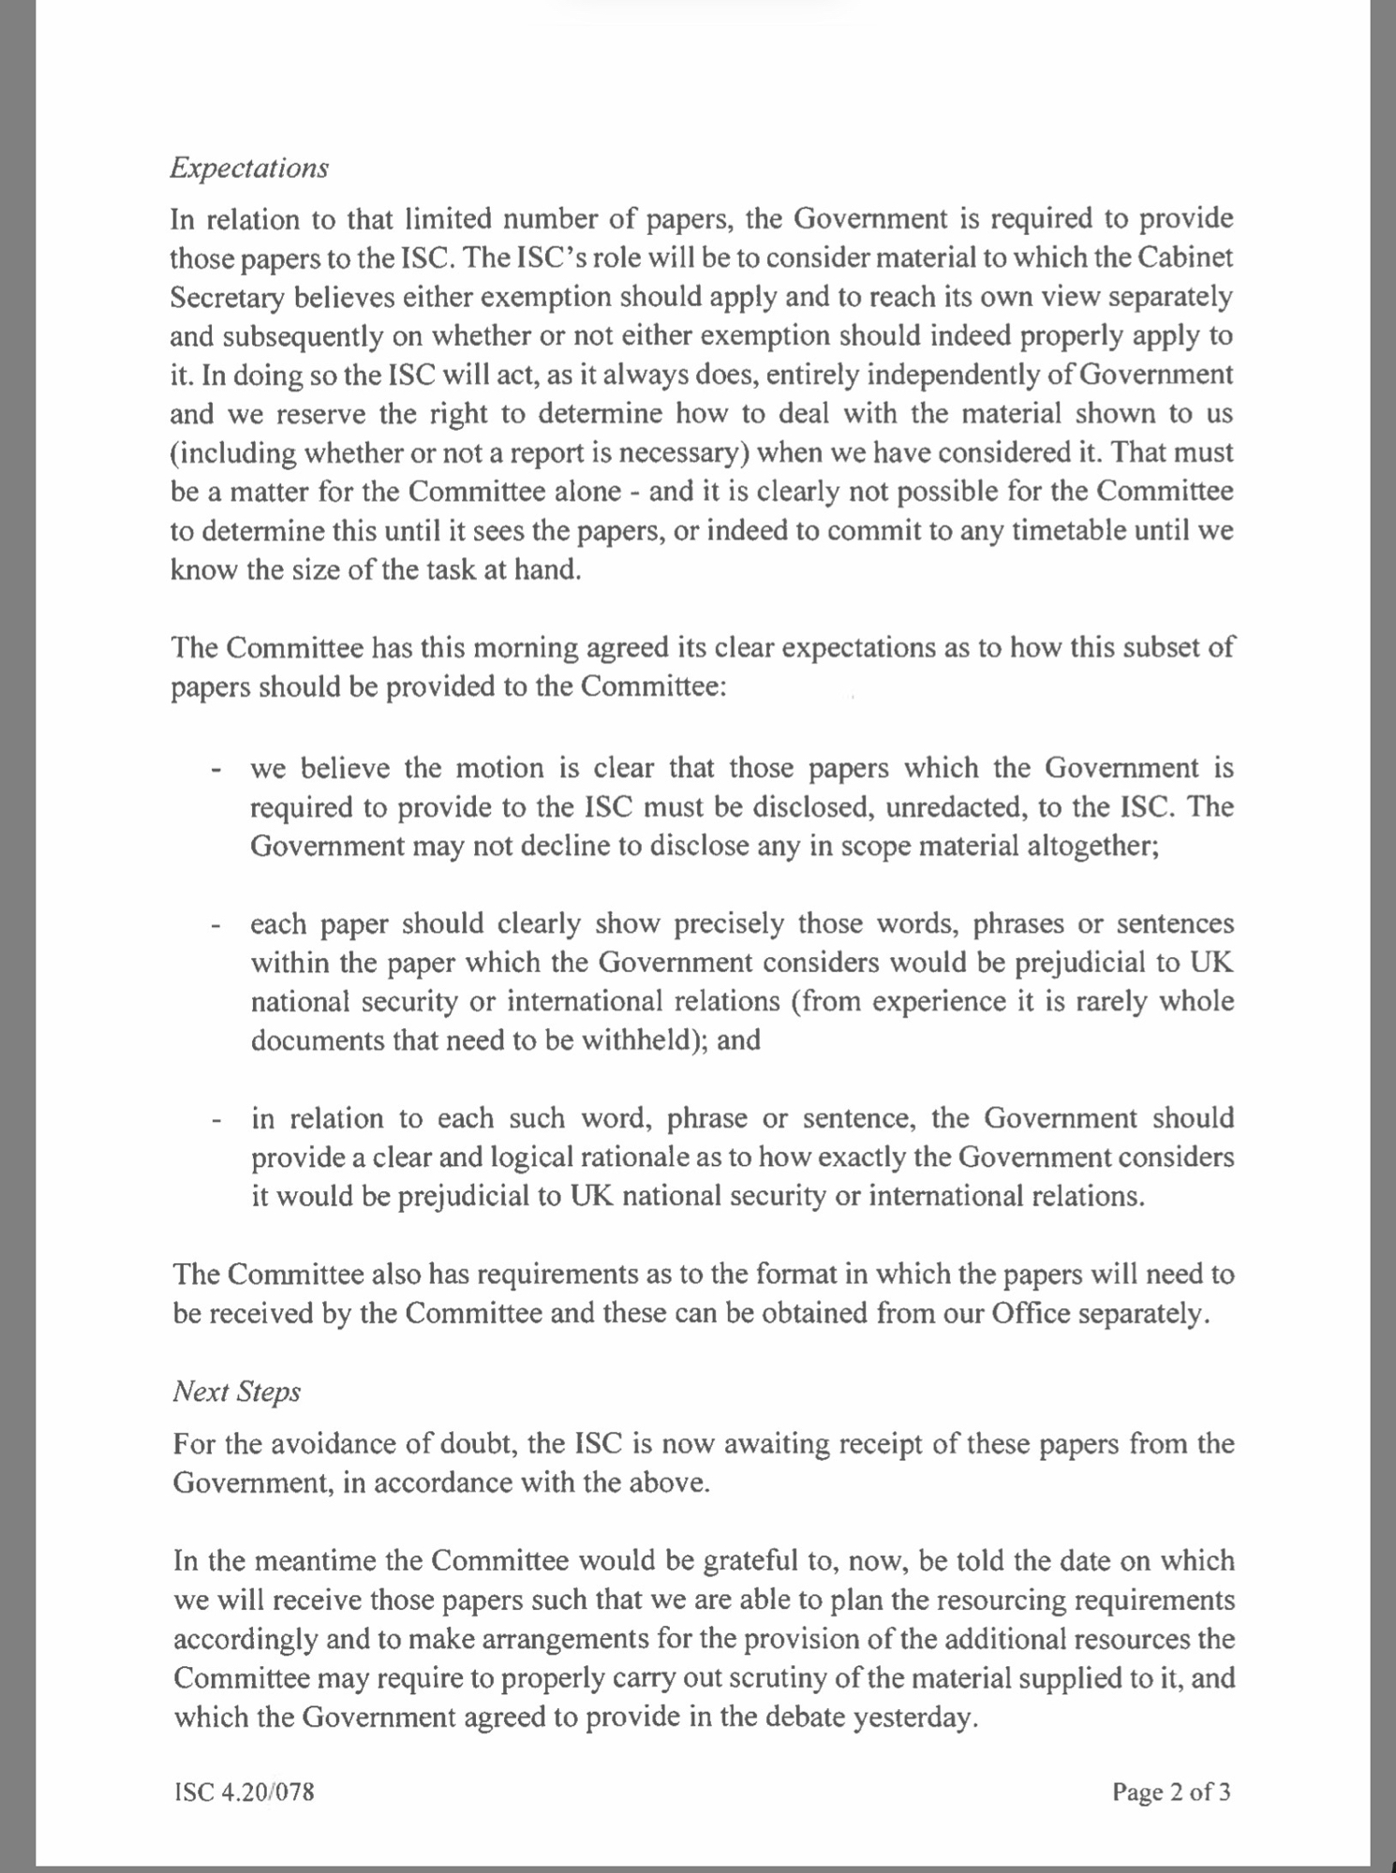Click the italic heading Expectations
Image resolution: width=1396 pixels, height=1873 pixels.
249,169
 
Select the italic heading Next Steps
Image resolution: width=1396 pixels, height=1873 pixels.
236,1392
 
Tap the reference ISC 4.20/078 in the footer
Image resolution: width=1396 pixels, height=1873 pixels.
244,1792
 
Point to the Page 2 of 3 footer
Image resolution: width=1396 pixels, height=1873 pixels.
1171,1792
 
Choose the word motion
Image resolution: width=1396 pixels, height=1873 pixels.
499,769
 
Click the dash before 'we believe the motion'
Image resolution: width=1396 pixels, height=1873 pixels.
216,770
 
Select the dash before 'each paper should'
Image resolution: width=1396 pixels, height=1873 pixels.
216,925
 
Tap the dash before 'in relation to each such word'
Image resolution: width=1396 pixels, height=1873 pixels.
216,1120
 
